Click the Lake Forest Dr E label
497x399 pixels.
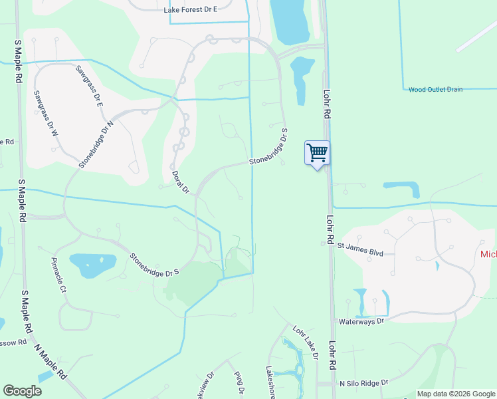click(x=191, y=11)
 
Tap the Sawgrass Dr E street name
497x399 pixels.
click(x=90, y=86)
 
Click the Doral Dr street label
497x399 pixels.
click(x=181, y=182)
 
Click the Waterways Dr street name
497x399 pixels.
click(x=361, y=321)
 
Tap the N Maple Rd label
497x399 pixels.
click(x=51, y=362)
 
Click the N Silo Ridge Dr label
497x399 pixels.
click(x=364, y=384)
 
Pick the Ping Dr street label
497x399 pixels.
click(x=239, y=382)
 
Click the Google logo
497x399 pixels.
click(x=23, y=391)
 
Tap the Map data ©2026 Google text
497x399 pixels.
click(x=456, y=394)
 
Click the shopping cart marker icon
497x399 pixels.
click(x=318, y=153)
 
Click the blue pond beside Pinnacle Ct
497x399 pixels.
click(x=92, y=265)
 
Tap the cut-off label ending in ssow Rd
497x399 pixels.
click(x=13, y=342)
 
